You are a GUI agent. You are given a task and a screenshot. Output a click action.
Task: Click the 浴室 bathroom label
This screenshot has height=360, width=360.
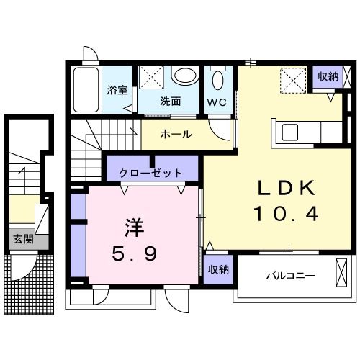117,91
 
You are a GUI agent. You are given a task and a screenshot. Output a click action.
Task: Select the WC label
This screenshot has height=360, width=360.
217,102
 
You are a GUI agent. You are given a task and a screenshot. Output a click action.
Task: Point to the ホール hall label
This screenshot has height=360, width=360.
175,135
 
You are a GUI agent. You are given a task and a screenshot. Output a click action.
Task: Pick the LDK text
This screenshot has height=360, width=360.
287,189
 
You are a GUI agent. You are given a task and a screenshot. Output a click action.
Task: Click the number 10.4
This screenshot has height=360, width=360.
284,214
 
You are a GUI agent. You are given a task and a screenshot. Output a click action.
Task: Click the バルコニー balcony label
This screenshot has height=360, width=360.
289,275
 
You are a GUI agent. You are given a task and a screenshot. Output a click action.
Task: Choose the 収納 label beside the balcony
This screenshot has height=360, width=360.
219,269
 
